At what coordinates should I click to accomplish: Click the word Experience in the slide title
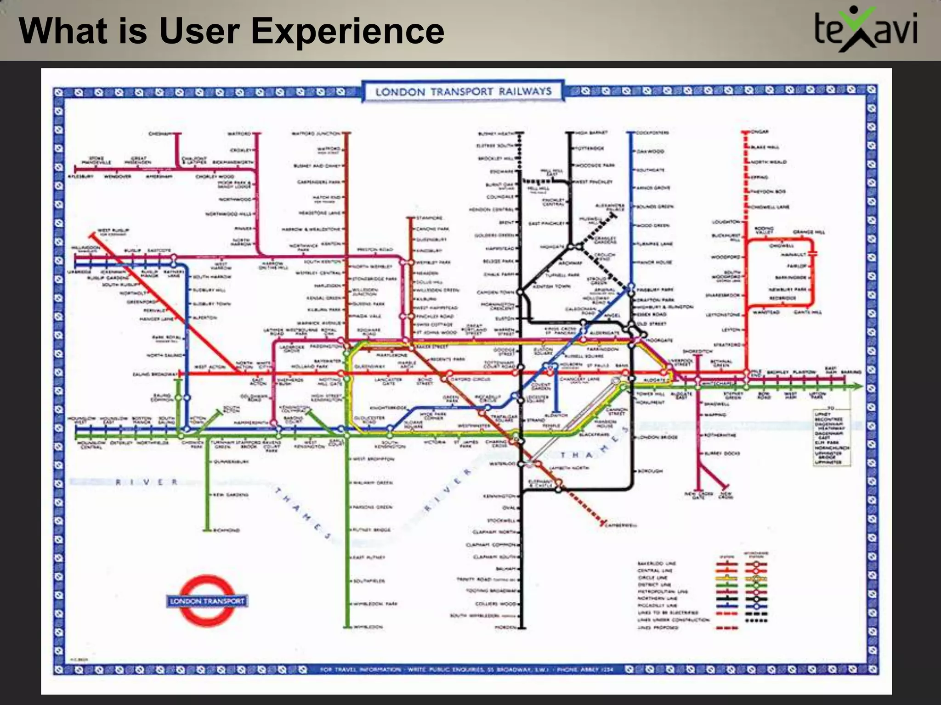tap(347, 31)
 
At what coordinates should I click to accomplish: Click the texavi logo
tap(866, 29)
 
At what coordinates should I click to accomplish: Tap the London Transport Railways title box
tap(463, 91)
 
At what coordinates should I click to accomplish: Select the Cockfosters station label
tap(652, 133)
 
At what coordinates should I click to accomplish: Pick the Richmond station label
tap(227, 530)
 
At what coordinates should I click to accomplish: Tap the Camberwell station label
tap(621, 525)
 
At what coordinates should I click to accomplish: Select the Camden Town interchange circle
tap(521, 291)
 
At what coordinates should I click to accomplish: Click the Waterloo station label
tap(502, 464)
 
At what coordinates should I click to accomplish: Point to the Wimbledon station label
tap(368, 627)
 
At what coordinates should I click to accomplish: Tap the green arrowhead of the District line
tap(857, 387)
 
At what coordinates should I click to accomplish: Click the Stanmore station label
tap(429, 218)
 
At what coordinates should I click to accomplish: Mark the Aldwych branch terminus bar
tap(556, 412)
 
